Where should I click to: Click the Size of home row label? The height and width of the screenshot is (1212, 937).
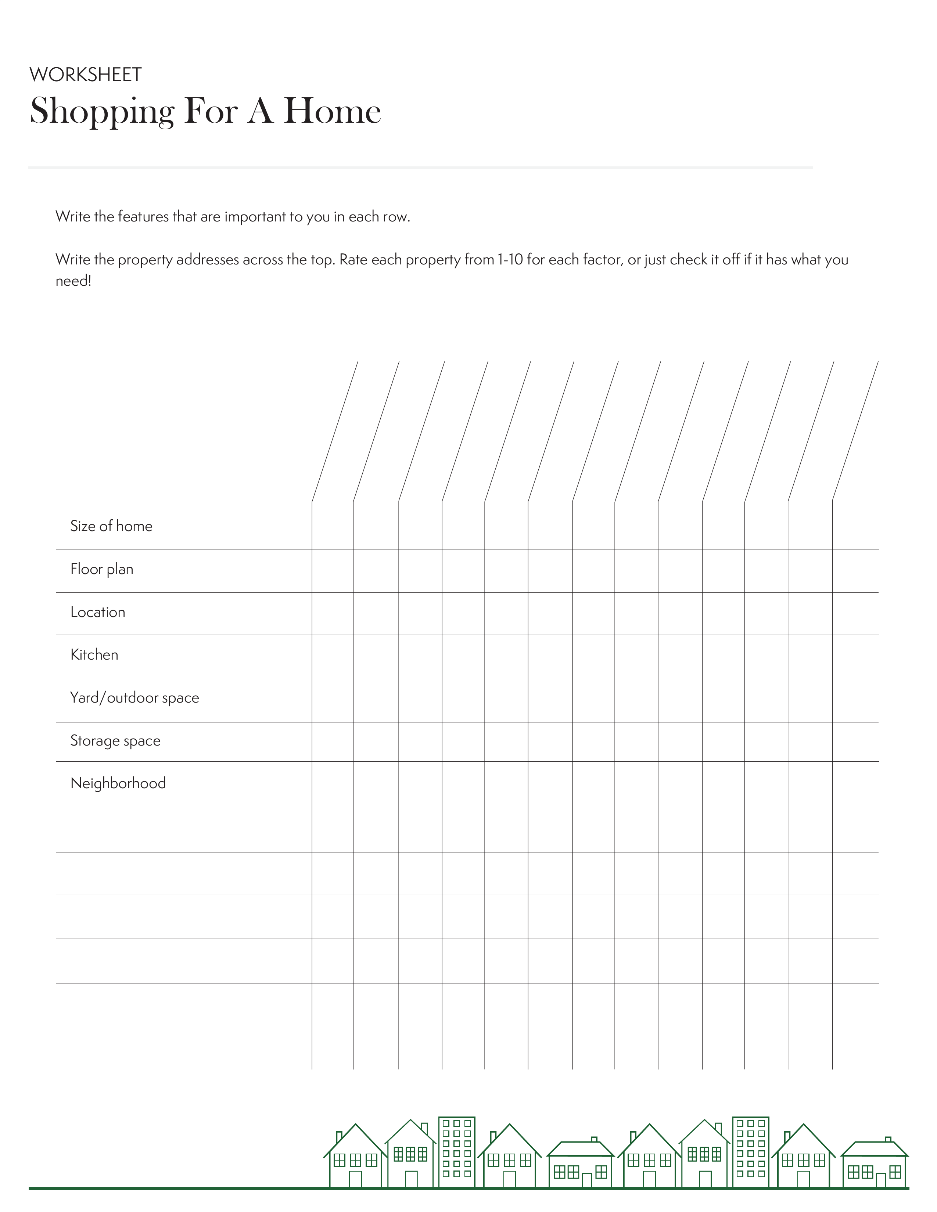point(111,526)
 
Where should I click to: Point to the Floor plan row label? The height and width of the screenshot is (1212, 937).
point(101,569)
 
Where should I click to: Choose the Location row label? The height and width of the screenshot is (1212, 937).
point(98,612)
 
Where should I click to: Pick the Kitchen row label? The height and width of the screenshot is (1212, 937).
point(94,655)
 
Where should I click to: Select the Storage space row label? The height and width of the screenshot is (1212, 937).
point(115,741)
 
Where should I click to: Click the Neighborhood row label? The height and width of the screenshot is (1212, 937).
point(118,784)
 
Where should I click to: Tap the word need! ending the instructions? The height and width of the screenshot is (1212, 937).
point(73,281)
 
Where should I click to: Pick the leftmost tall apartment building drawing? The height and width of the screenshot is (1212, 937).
point(456,1152)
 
